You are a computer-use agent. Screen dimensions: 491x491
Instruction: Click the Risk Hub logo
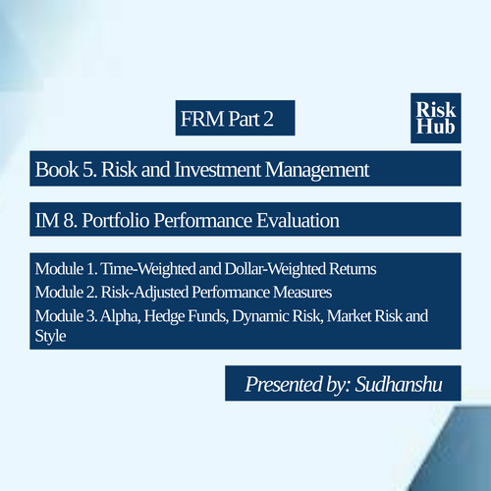[436, 118]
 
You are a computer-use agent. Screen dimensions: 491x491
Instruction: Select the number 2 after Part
[268, 119]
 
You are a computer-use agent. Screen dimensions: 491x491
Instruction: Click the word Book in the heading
[57, 170]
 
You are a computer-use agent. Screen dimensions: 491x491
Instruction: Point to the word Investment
[218, 170]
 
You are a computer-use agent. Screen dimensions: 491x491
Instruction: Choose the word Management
[317, 170]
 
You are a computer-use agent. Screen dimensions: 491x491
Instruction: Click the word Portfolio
[116, 220]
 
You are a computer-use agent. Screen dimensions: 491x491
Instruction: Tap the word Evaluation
[298, 220]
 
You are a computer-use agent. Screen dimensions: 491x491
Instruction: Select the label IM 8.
[56, 220]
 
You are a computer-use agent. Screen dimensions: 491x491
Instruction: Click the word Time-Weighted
[148, 269]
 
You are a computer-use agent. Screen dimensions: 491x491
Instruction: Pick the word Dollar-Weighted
[275, 269]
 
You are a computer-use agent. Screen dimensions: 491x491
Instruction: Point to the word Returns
[353, 269]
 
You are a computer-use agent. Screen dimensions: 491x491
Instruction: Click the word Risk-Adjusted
[144, 293]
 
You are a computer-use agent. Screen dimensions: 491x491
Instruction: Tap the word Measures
[302, 293]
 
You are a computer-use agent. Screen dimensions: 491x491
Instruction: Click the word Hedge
[164, 316]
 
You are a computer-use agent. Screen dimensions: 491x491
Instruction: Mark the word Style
[51, 336]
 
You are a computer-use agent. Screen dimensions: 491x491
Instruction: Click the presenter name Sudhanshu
[399, 384]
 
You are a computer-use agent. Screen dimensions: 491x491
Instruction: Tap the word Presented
[284, 384]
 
